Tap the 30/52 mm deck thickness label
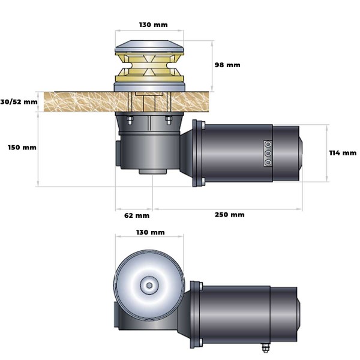pyautogui.click(x=19, y=101)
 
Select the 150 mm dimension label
pyautogui.click(x=21, y=148)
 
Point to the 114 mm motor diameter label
pyautogui.click(x=343, y=152)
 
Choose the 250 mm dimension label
pyautogui.click(x=229, y=215)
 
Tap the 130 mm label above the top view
pyautogui.click(x=149, y=232)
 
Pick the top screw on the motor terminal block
pyautogui.click(x=266, y=145)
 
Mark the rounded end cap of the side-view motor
pyautogui.click(x=300, y=152)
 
